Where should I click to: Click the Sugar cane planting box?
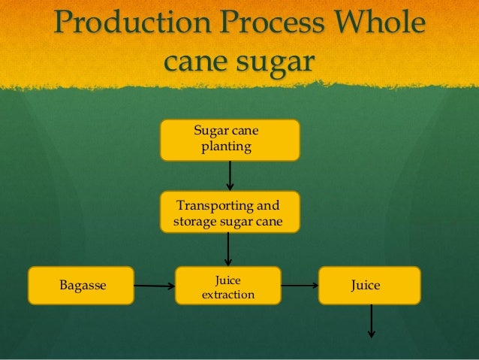click(229, 140)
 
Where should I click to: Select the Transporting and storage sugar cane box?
click(229, 212)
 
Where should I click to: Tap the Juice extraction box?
click(228, 286)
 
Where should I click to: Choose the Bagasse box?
click(81, 286)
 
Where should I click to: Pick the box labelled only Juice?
click(369, 286)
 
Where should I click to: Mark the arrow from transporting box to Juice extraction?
click(228, 249)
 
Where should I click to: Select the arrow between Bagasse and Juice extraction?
click(154, 286)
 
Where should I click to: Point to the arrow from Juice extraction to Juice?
click(300, 286)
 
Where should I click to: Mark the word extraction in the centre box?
click(228, 294)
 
